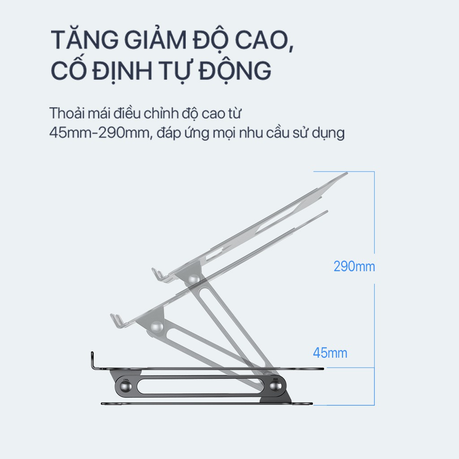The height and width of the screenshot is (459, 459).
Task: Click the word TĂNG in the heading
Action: click(80, 41)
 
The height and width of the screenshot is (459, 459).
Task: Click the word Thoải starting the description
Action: click(67, 113)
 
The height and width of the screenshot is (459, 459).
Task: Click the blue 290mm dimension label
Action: click(354, 266)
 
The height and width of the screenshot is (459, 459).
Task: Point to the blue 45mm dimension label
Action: click(330, 353)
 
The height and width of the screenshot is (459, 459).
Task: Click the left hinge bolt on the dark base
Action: click(124, 385)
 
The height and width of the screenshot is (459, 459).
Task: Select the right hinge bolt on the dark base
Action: click(276, 385)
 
